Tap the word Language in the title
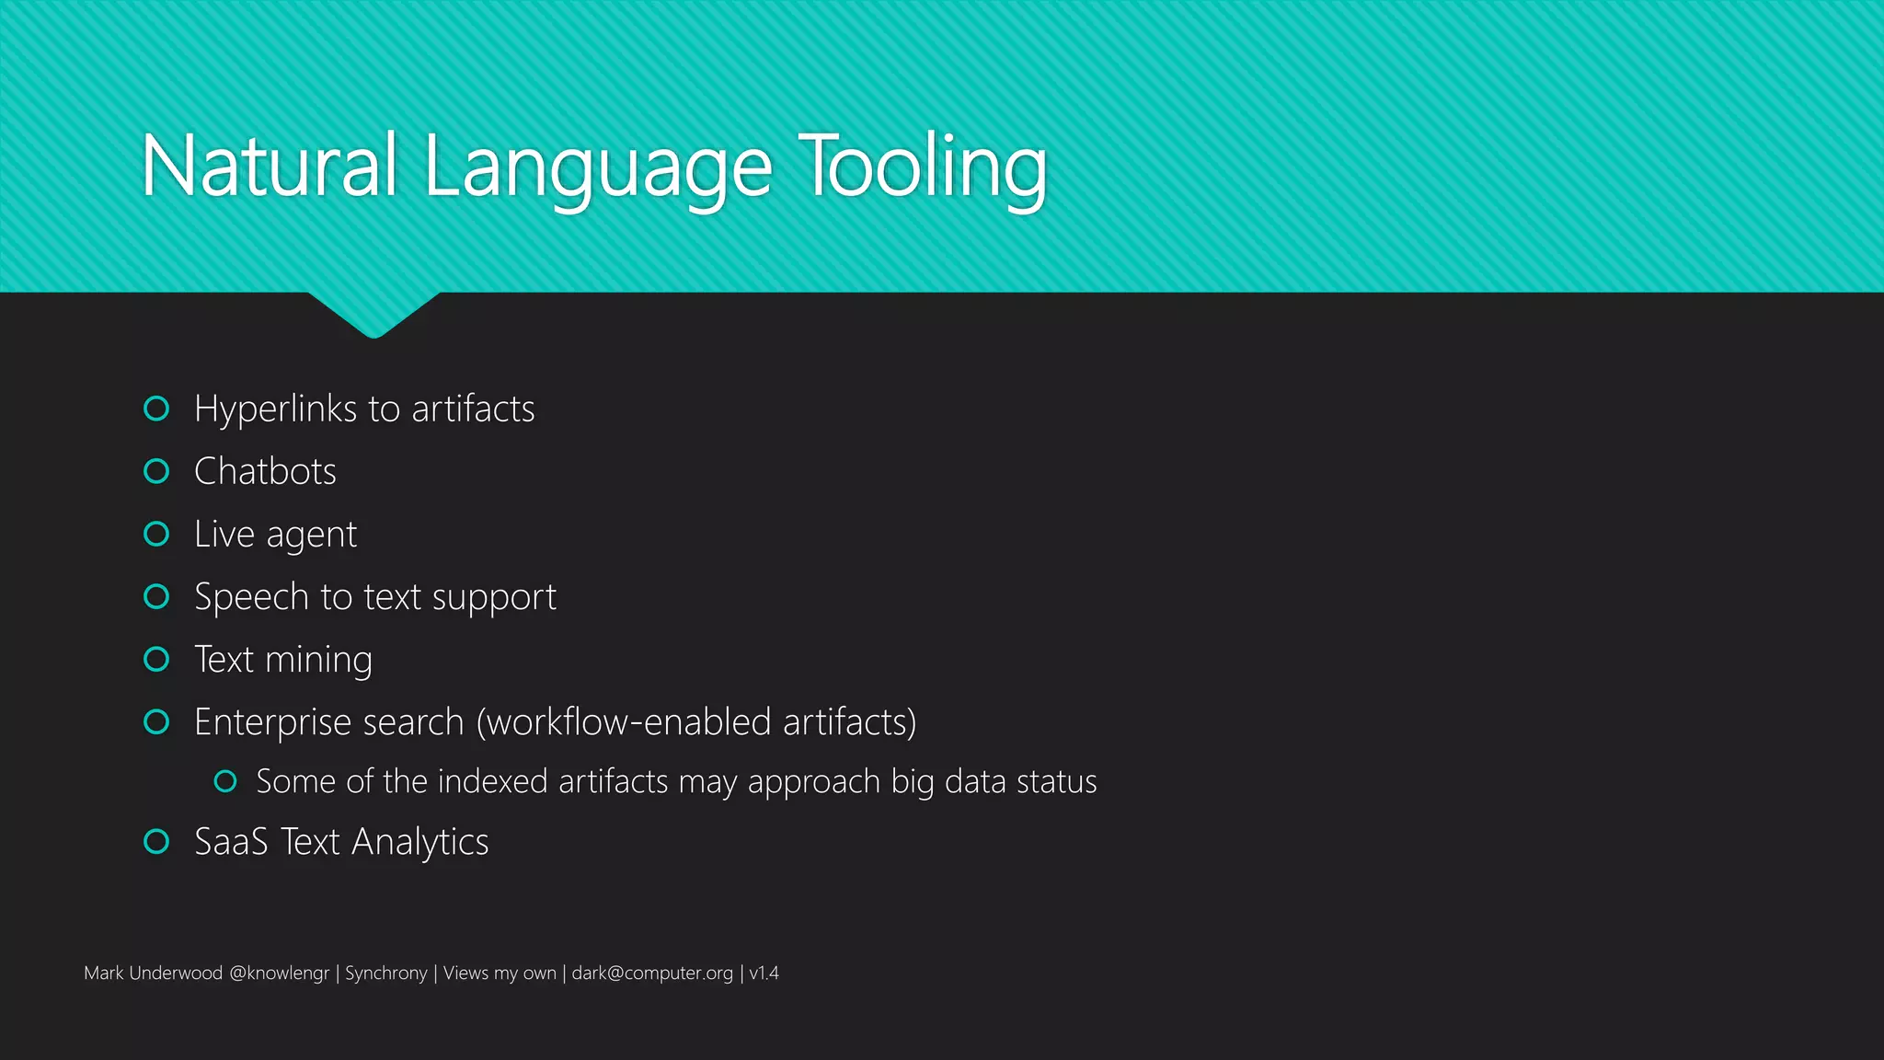click(598, 169)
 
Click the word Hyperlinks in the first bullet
click(275, 409)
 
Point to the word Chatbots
click(265, 471)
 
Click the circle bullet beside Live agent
click(157, 534)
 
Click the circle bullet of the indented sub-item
click(225, 781)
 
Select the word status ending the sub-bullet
click(1057, 781)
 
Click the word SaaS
click(231, 842)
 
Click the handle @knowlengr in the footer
click(279, 974)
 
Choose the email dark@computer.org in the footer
click(652, 974)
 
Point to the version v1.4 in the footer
click(764, 974)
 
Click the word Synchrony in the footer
click(385, 974)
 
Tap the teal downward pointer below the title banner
click(373, 314)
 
